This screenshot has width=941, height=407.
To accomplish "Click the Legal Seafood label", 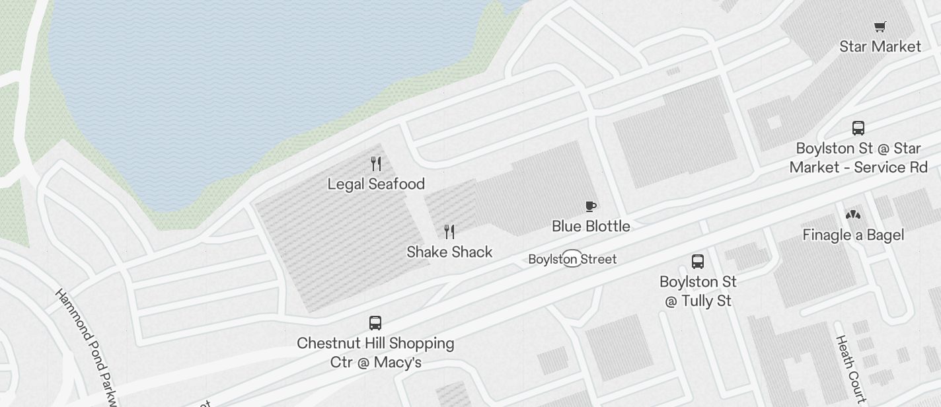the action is pyautogui.click(x=376, y=184).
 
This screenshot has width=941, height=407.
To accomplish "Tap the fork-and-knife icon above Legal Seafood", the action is pyautogui.click(x=376, y=163).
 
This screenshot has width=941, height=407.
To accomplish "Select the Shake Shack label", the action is pyautogui.click(x=449, y=252).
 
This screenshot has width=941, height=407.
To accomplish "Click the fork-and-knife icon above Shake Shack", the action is pyautogui.click(x=449, y=231).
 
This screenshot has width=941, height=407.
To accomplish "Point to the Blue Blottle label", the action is pyautogui.click(x=591, y=226).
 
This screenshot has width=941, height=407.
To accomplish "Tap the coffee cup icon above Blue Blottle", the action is pyautogui.click(x=591, y=206).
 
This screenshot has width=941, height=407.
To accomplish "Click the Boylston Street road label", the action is pyautogui.click(x=572, y=259).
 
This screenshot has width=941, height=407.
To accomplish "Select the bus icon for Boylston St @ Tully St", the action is pyautogui.click(x=698, y=261).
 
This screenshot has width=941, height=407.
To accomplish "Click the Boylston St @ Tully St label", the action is pyautogui.click(x=698, y=291).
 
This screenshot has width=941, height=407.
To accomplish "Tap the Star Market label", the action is pyautogui.click(x=880, y=46).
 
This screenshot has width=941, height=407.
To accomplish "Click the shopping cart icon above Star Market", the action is pyautogui.click(x=880, y=27).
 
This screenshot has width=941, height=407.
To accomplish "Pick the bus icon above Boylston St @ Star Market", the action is pyautogui.click(x=858, y=128).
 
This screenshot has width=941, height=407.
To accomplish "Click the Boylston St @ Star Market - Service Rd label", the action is pyautogui.click(x=858, y=157).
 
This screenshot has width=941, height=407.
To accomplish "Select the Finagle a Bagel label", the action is pyautogui.click(x=853, y=235).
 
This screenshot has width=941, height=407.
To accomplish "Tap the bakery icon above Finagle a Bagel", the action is pyautogui.click(x=853, y=215).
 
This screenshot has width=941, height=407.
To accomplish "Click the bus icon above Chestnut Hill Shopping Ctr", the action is pyautogui.click(x=375, y=322).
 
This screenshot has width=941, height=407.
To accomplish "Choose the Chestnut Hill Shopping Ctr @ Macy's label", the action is pyautogui.click(x=375, y=353).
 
